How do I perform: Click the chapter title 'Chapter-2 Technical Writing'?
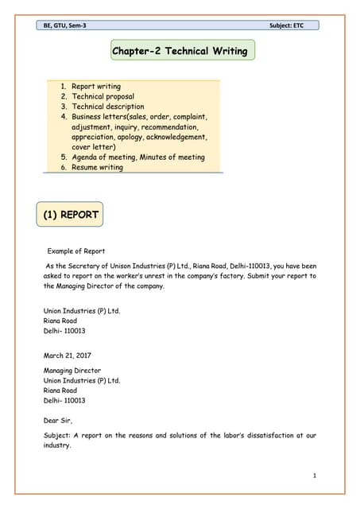[180, 52]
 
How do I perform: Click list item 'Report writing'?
[96, 86]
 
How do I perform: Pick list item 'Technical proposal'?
[103, 96]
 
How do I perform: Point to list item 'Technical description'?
[108, 107]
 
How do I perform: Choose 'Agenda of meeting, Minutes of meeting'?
[138, 157]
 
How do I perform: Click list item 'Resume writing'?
[98, 168]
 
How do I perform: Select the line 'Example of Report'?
[76, 251]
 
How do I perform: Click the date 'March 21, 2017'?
[69, 356]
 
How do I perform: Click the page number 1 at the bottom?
[315, 476]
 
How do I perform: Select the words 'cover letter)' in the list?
[94, 147]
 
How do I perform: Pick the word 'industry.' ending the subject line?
[58, 446]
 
